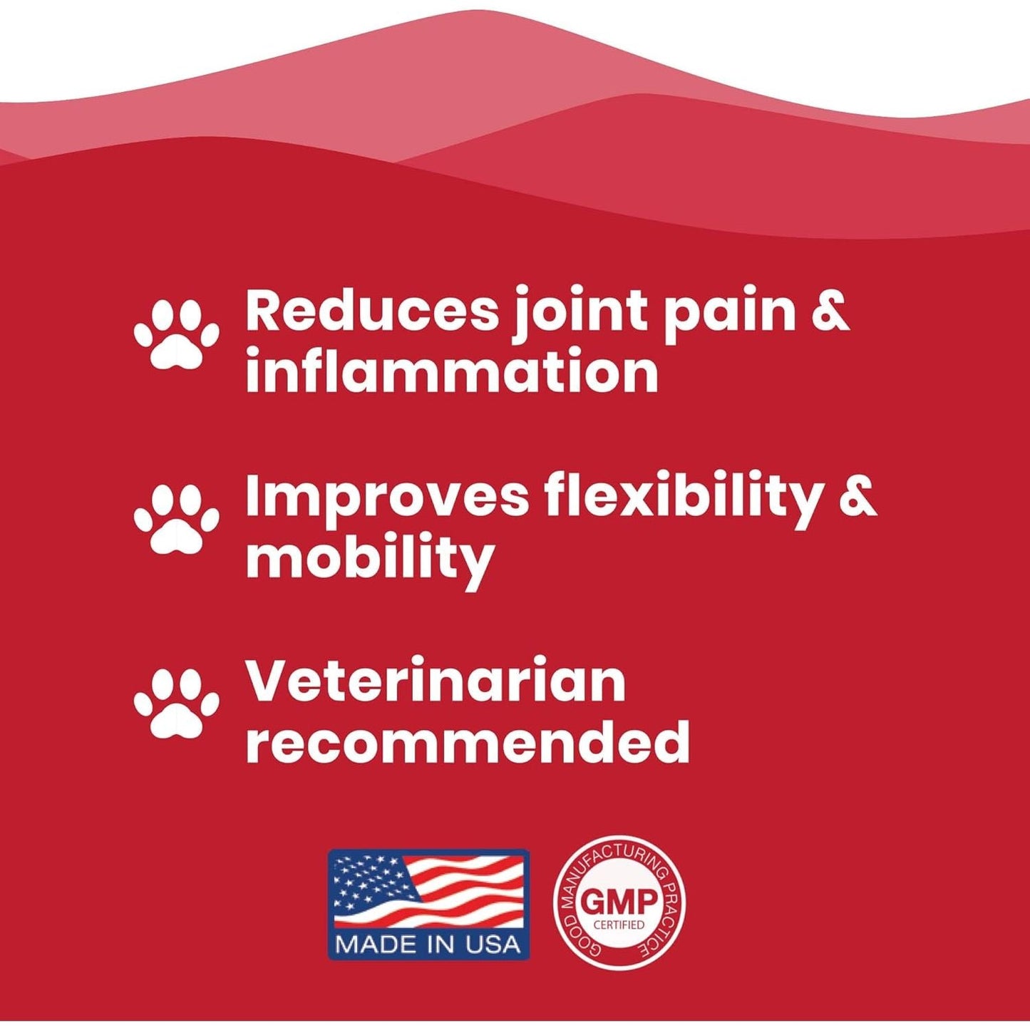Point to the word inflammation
(x=452, y=371)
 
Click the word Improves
(x=387, y=497)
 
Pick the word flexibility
(x=683, y=497)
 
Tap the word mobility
(x=370, y=558)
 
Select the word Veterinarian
(x=436, y=681)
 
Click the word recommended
(x=468, y=742)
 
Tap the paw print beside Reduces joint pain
(x=176, y=334)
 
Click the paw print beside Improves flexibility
(x=176, y=518)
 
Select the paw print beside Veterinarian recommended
(x=176, y=703)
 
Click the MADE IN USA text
(x=428, y=944)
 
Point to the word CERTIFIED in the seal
(x=619, y=925)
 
